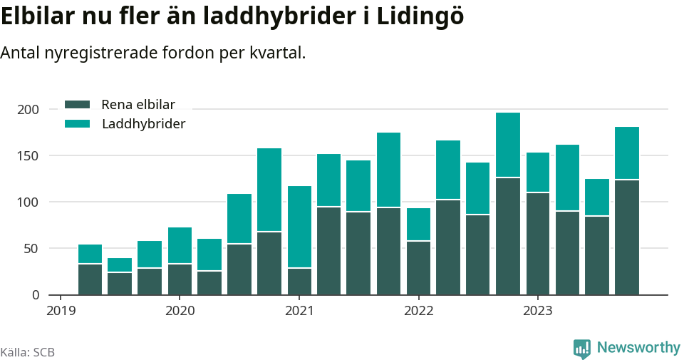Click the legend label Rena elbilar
pos(138,104)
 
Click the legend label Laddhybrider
pos(143,124)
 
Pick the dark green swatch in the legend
pos(77,104)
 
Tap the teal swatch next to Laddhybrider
pos(77,124)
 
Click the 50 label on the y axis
pos(31,249)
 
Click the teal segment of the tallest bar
pos(508,145)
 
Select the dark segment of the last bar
pos(627,237)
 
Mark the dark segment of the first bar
pos(90,279)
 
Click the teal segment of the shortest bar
pos(120,264)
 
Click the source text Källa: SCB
pos(28,352)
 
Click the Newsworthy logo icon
pos(582,349)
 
